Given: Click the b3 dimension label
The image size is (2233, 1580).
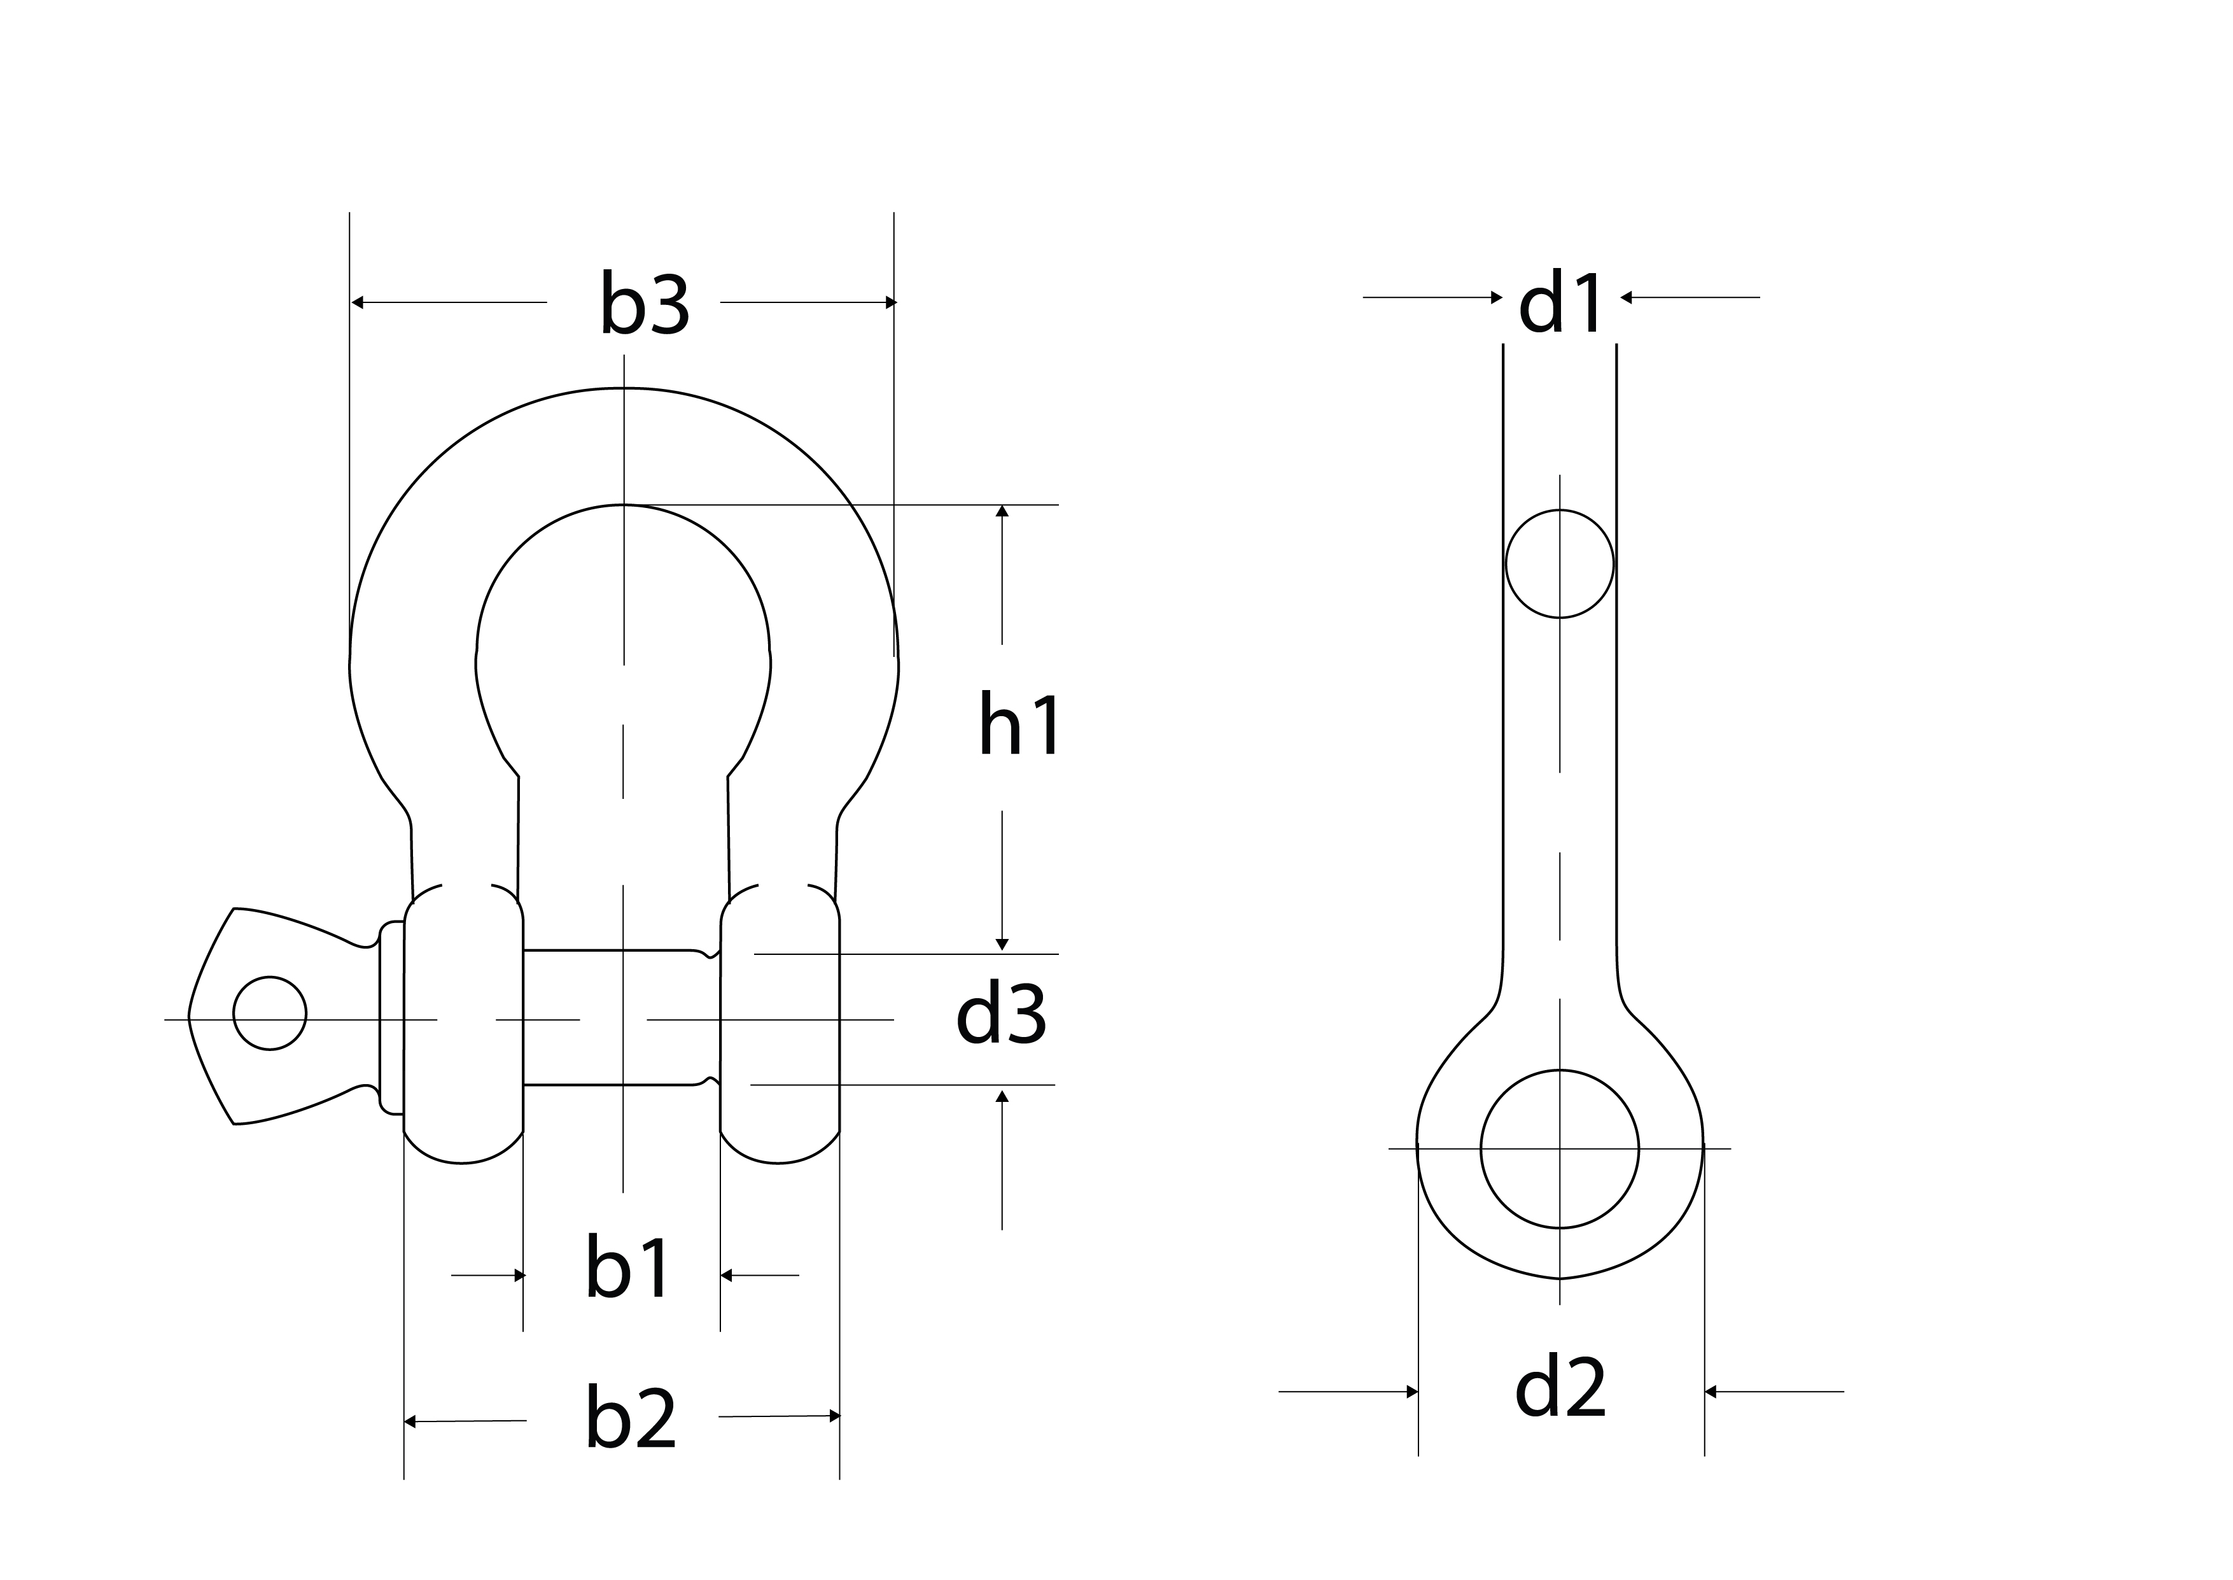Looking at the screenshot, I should point(645,304).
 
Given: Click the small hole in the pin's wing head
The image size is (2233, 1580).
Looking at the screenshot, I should point(269,1013).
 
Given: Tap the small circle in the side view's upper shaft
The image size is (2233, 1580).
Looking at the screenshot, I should point(1559,563).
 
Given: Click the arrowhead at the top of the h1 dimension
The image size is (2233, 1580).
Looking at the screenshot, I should point(1002,511).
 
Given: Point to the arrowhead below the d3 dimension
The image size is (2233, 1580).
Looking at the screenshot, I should point(1002,1096).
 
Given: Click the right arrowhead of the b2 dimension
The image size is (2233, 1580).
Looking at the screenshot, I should point(834,1416).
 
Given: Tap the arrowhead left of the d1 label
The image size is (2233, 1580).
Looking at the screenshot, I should point(1497,297).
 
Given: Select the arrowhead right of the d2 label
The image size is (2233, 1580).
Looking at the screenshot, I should point(1711,1392).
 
